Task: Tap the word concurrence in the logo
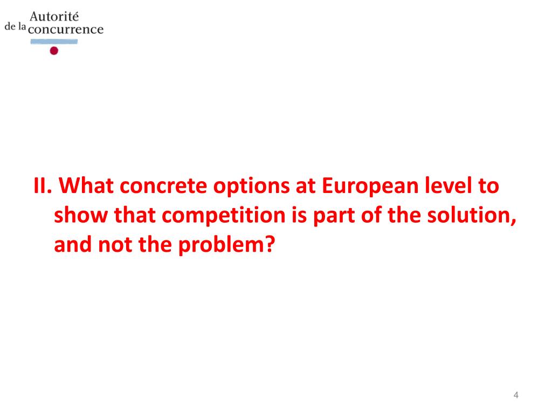click(x=65, y=30)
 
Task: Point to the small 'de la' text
click(x=15, y=26)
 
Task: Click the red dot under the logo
click(x=53, y=51)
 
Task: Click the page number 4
click(x=516, y=395)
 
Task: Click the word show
click(x=78, y=216)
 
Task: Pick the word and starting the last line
click(x=72, y=246)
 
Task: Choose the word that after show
click(x=130, y=216)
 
